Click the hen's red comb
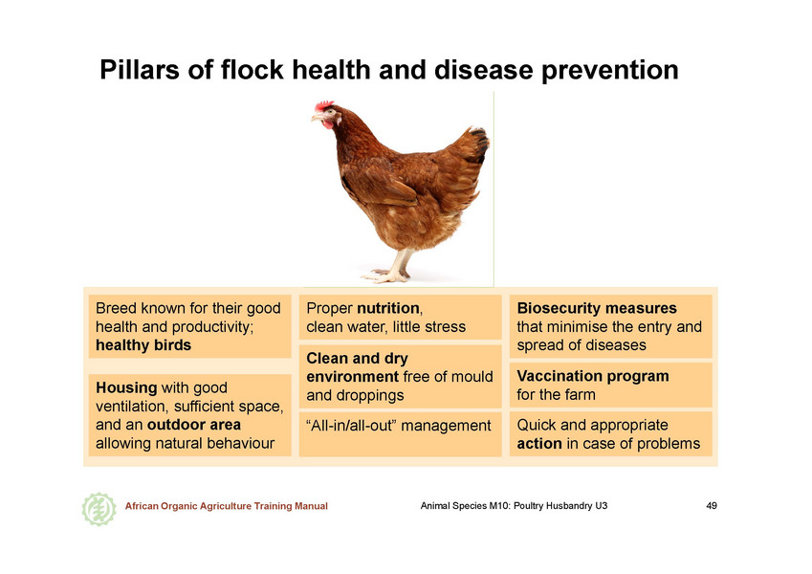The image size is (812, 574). tap(324, 105)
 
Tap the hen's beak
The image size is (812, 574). tap(316, 119)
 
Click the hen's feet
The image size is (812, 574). tap(386, 276)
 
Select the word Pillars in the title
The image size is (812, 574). tap(140, 70)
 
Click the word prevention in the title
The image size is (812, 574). tap(609, 71)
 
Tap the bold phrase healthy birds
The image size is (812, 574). tap(143, 345)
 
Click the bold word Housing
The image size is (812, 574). tap(126, 388)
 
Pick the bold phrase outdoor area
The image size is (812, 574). tap(194, 425)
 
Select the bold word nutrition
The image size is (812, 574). tap(388, 308)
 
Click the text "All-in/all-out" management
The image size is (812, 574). tap(398, 426)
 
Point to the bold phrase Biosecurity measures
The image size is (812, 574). tap(597, 308)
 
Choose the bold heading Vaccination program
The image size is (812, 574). tap(593, 376)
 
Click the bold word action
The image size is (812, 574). tap(539, 444)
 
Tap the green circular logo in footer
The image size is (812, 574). tap(99, 509)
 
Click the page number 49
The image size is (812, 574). tap(712, 506)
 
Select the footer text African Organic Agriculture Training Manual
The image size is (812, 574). tap(227, 506)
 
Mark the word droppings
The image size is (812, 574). tap(355, 396)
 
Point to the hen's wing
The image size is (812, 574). tap(381, 184)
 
